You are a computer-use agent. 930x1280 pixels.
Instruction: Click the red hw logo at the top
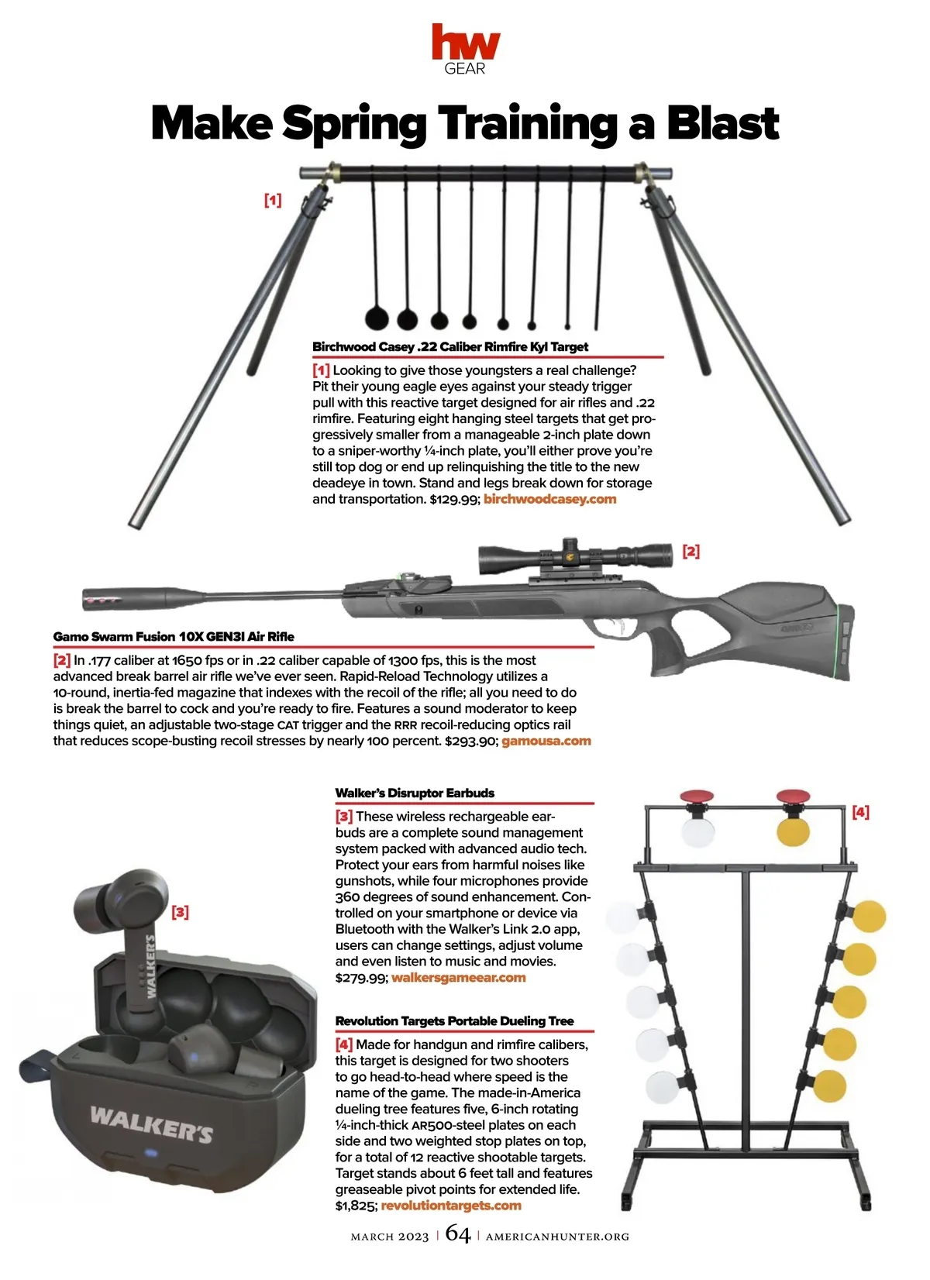pyautogui.click(x=465, y=42)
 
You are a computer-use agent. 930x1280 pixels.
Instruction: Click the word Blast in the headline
pyautogui.click(x=722, y=123)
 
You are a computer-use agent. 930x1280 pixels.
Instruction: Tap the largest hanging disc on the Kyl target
pyautogui.click(x=377, y=319)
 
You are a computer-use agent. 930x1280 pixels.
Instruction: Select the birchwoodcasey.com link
pyautogui.click(x=550, y=499)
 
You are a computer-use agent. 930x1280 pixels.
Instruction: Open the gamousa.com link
pyautogui.click(x=546, y=742)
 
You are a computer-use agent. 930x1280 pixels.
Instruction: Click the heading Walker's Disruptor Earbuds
pyautogui.click(x=415, y=793)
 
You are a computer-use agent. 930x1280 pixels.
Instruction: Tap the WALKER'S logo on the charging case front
pyautogui.click(x=151, y=1124)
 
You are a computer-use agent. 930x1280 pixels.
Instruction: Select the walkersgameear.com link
pyautogui.click(x=459, y=977)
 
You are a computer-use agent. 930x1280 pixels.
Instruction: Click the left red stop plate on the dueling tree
pyautogui.click(x=697, y=796)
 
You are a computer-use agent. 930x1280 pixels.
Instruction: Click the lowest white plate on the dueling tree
pyautogui.click(x=663, y=1087)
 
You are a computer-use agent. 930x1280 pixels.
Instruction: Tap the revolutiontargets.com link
pyautogui.click(x=451, y=1205)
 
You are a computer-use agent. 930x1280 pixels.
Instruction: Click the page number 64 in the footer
pyautogui.click(x=458, y=1234)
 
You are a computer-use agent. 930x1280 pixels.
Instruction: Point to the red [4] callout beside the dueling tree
pyautogui.click(x=860, y=811)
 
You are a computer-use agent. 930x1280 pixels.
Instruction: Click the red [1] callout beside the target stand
pyautogui.click(x=273, y=200)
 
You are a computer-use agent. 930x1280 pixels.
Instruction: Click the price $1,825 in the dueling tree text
pyautogui.click(x=356, y=1206)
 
